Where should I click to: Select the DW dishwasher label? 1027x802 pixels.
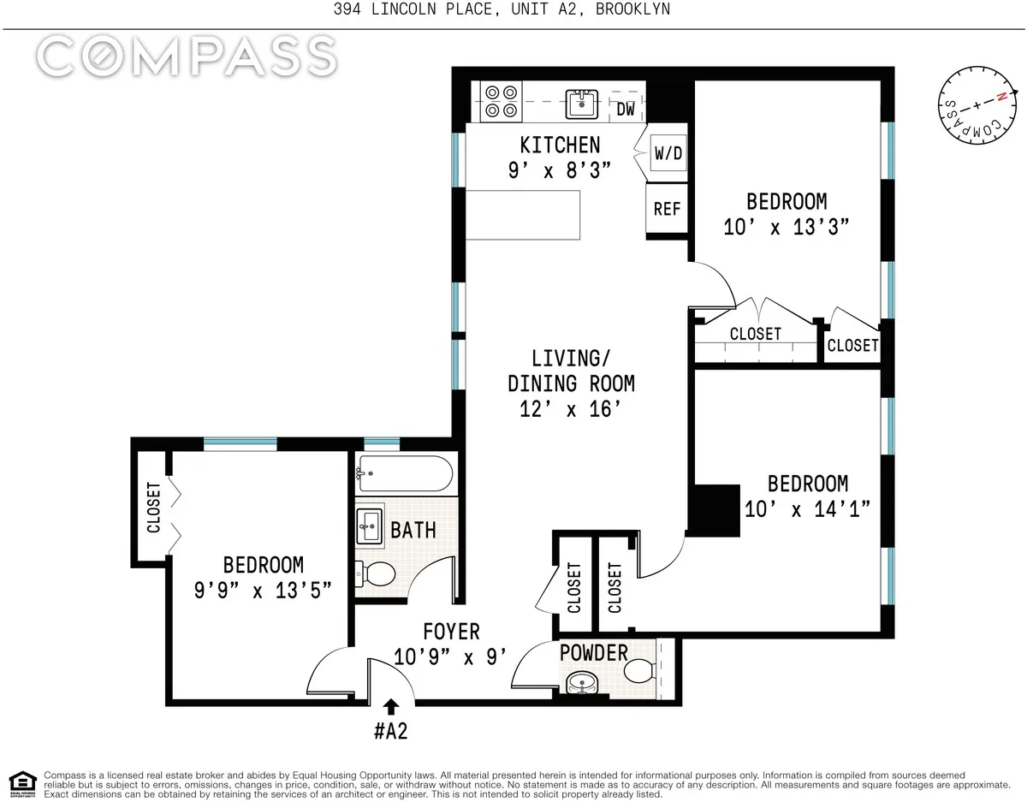tap(626, 110)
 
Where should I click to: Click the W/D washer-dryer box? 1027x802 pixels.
tap(668, 154)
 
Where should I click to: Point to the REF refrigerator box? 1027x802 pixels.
tap(667, 209)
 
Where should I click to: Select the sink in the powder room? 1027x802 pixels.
tap(583, 683)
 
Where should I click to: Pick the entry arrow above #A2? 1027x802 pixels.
tap(391, 706)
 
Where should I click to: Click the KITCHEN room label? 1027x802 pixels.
tap(561, 145)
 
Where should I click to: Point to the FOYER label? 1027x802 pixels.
tap(451, 632)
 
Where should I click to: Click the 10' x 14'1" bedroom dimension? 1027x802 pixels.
tap(807, 509)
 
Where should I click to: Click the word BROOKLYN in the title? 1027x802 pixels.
tap(634, 9)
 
